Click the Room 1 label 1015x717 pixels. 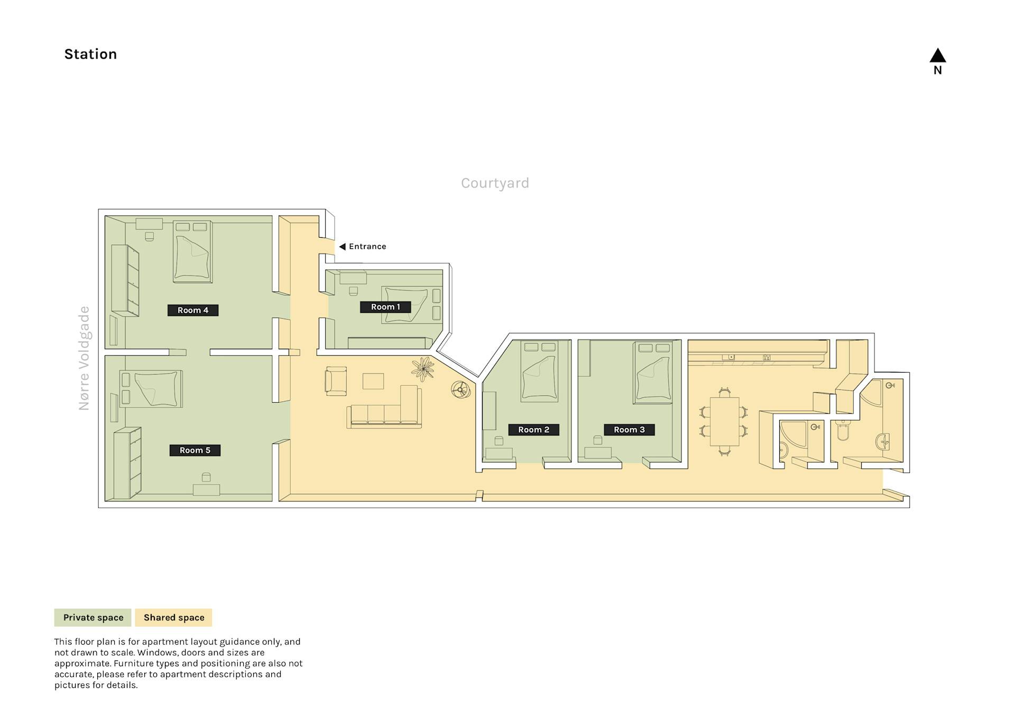coord(385,307)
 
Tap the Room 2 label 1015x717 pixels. coord(533,430)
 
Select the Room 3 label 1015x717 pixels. coord(629,430)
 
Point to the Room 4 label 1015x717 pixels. coord(193,310)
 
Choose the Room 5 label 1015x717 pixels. coord(195,450)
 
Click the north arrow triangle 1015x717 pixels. coord(937,55)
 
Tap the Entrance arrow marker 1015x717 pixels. coord(342,247)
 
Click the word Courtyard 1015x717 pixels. coord(495,183)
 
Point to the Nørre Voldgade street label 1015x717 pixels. coord(84,358)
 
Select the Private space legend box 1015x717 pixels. coord(93,618)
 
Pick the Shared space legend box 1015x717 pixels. coord(173,618)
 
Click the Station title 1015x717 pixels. coord(90,54)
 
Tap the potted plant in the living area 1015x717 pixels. coord(423,369)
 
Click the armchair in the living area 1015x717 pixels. coord(336,381)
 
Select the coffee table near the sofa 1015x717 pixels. coord(373,381)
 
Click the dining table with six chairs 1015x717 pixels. coord(724,421)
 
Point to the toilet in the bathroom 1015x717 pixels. coord(843,430)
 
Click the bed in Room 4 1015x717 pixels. coord(193,252)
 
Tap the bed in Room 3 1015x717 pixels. coord(653,373)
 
